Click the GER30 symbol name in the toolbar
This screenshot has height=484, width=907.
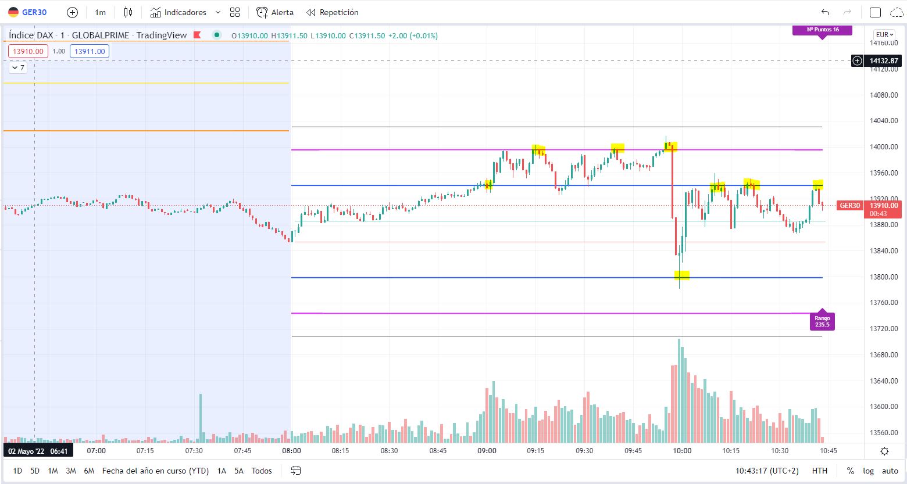34,12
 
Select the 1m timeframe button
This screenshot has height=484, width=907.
100,12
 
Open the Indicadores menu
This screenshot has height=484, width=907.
185,12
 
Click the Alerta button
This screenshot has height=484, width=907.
276,12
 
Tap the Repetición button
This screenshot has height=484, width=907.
333,12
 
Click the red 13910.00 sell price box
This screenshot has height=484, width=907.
28,51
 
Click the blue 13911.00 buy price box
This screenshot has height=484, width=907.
90,51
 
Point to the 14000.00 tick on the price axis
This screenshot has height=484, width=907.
884,147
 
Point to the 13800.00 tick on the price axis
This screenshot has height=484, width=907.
884,277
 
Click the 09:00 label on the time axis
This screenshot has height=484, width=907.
487,451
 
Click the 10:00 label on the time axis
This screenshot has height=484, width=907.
682,451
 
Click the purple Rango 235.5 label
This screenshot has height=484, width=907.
822,321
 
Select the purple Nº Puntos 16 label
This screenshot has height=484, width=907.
822,30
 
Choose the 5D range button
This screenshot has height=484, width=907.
35,471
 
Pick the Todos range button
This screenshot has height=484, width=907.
262,471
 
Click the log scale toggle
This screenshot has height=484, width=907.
868,471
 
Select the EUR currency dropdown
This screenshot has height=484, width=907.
885,34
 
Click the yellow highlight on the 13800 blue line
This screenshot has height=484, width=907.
682,275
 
